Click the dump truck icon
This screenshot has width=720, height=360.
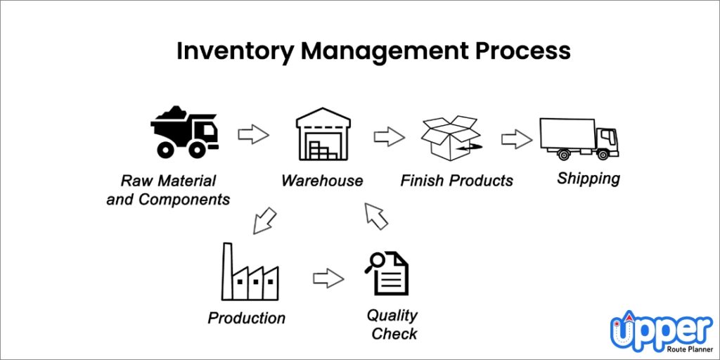click(x=184, y=131)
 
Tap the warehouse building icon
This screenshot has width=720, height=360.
click(x=321, y=134)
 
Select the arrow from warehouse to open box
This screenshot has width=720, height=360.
click(x=389, y=136)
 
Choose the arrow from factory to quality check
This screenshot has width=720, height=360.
click(x=328, y=278)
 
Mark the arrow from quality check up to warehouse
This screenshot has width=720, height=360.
click(x=374, y=215)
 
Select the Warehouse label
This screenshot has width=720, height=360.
click(x=322, y=181)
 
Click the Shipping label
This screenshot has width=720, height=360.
click(x=589, y=179)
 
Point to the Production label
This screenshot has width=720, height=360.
click(x=247, y=318)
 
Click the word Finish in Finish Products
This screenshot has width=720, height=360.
click(x=422, y=181)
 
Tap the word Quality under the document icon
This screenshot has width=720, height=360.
click(x=392, y=315)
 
